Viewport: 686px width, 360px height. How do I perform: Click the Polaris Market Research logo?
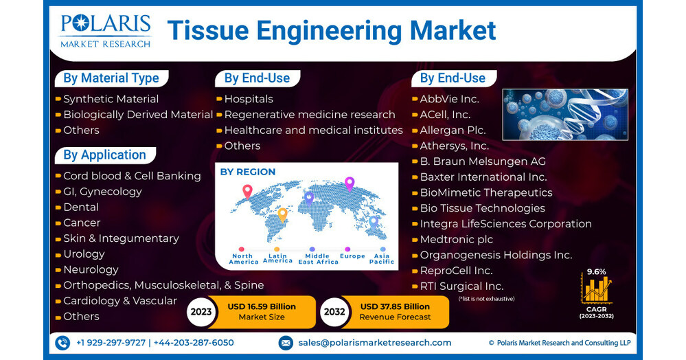point(105,31)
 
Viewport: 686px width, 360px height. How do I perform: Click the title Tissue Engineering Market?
point(332,31)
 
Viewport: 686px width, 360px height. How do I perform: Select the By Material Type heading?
point(111,78)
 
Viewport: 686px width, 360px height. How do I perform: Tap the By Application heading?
point(104,155)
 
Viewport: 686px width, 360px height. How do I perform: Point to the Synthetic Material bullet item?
point(111,99)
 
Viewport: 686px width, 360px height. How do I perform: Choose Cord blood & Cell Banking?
point(132,176)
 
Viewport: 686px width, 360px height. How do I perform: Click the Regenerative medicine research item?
point(309,115)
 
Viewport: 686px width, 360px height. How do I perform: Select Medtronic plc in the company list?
point(456,240)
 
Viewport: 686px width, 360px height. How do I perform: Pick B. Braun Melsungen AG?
point(483,161)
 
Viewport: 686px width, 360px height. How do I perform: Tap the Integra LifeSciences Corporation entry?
point(505,224)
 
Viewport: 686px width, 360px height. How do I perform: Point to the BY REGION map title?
point(247,172)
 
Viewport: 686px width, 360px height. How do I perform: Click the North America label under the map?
point(244,259)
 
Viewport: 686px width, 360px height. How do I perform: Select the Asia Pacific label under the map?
point(382,259)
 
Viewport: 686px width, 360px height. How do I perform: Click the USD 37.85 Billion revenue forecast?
point(395,306)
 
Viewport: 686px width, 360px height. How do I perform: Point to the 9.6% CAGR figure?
point(596,271)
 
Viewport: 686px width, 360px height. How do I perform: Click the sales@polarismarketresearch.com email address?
point(374,343)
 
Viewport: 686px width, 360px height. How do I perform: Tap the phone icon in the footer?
point(62,343)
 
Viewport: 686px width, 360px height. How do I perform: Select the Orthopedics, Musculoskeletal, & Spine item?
point(163,285)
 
